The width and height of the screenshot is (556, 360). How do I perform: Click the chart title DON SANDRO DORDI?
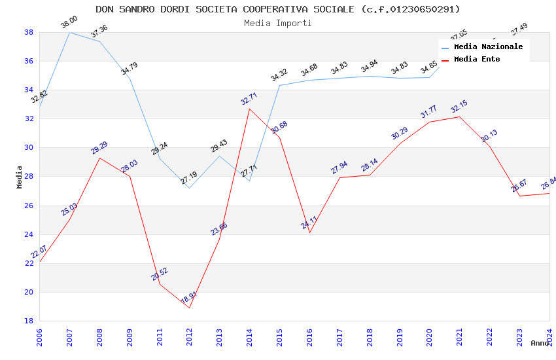[278, 9]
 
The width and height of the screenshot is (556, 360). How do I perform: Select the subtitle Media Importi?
[278, 23]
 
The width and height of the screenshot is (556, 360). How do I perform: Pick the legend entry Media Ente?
[477, 59]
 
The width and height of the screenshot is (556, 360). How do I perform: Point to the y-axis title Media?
[20, 177]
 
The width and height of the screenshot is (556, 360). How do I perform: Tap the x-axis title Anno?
[540, 343]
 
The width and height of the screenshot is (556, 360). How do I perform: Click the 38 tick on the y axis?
[29, 32]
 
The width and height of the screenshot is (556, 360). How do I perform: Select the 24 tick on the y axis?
[29, 234]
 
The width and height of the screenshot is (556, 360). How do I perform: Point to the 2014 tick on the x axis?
[249, 334]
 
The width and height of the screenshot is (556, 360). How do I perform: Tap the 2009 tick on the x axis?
[130, 334]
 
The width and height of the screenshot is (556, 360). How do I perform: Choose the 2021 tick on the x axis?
[459, 334]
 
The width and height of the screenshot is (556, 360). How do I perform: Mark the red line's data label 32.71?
[249, 99]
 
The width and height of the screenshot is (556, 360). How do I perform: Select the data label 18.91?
[188, 298]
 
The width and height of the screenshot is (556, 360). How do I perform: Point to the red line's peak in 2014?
[249, 109]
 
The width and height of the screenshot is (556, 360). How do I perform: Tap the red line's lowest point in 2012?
[189, 308]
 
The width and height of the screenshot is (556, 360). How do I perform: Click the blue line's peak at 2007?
[69, 32]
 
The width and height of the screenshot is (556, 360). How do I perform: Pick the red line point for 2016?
[309, 232]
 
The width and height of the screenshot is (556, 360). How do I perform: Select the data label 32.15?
[459, 107]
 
